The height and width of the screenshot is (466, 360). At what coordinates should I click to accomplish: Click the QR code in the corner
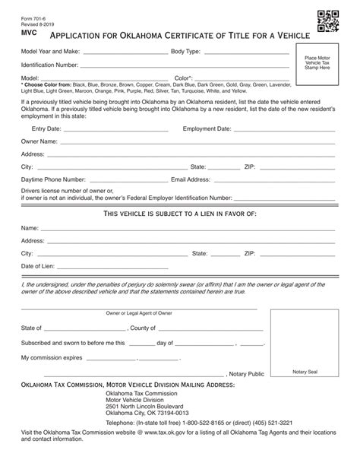coord(328,23)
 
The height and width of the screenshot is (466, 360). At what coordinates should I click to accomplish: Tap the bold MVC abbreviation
coord(28,33)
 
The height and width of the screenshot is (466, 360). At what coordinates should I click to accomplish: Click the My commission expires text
coord(51,357)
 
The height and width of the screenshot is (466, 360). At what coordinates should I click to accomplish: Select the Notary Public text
coord(247,374)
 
